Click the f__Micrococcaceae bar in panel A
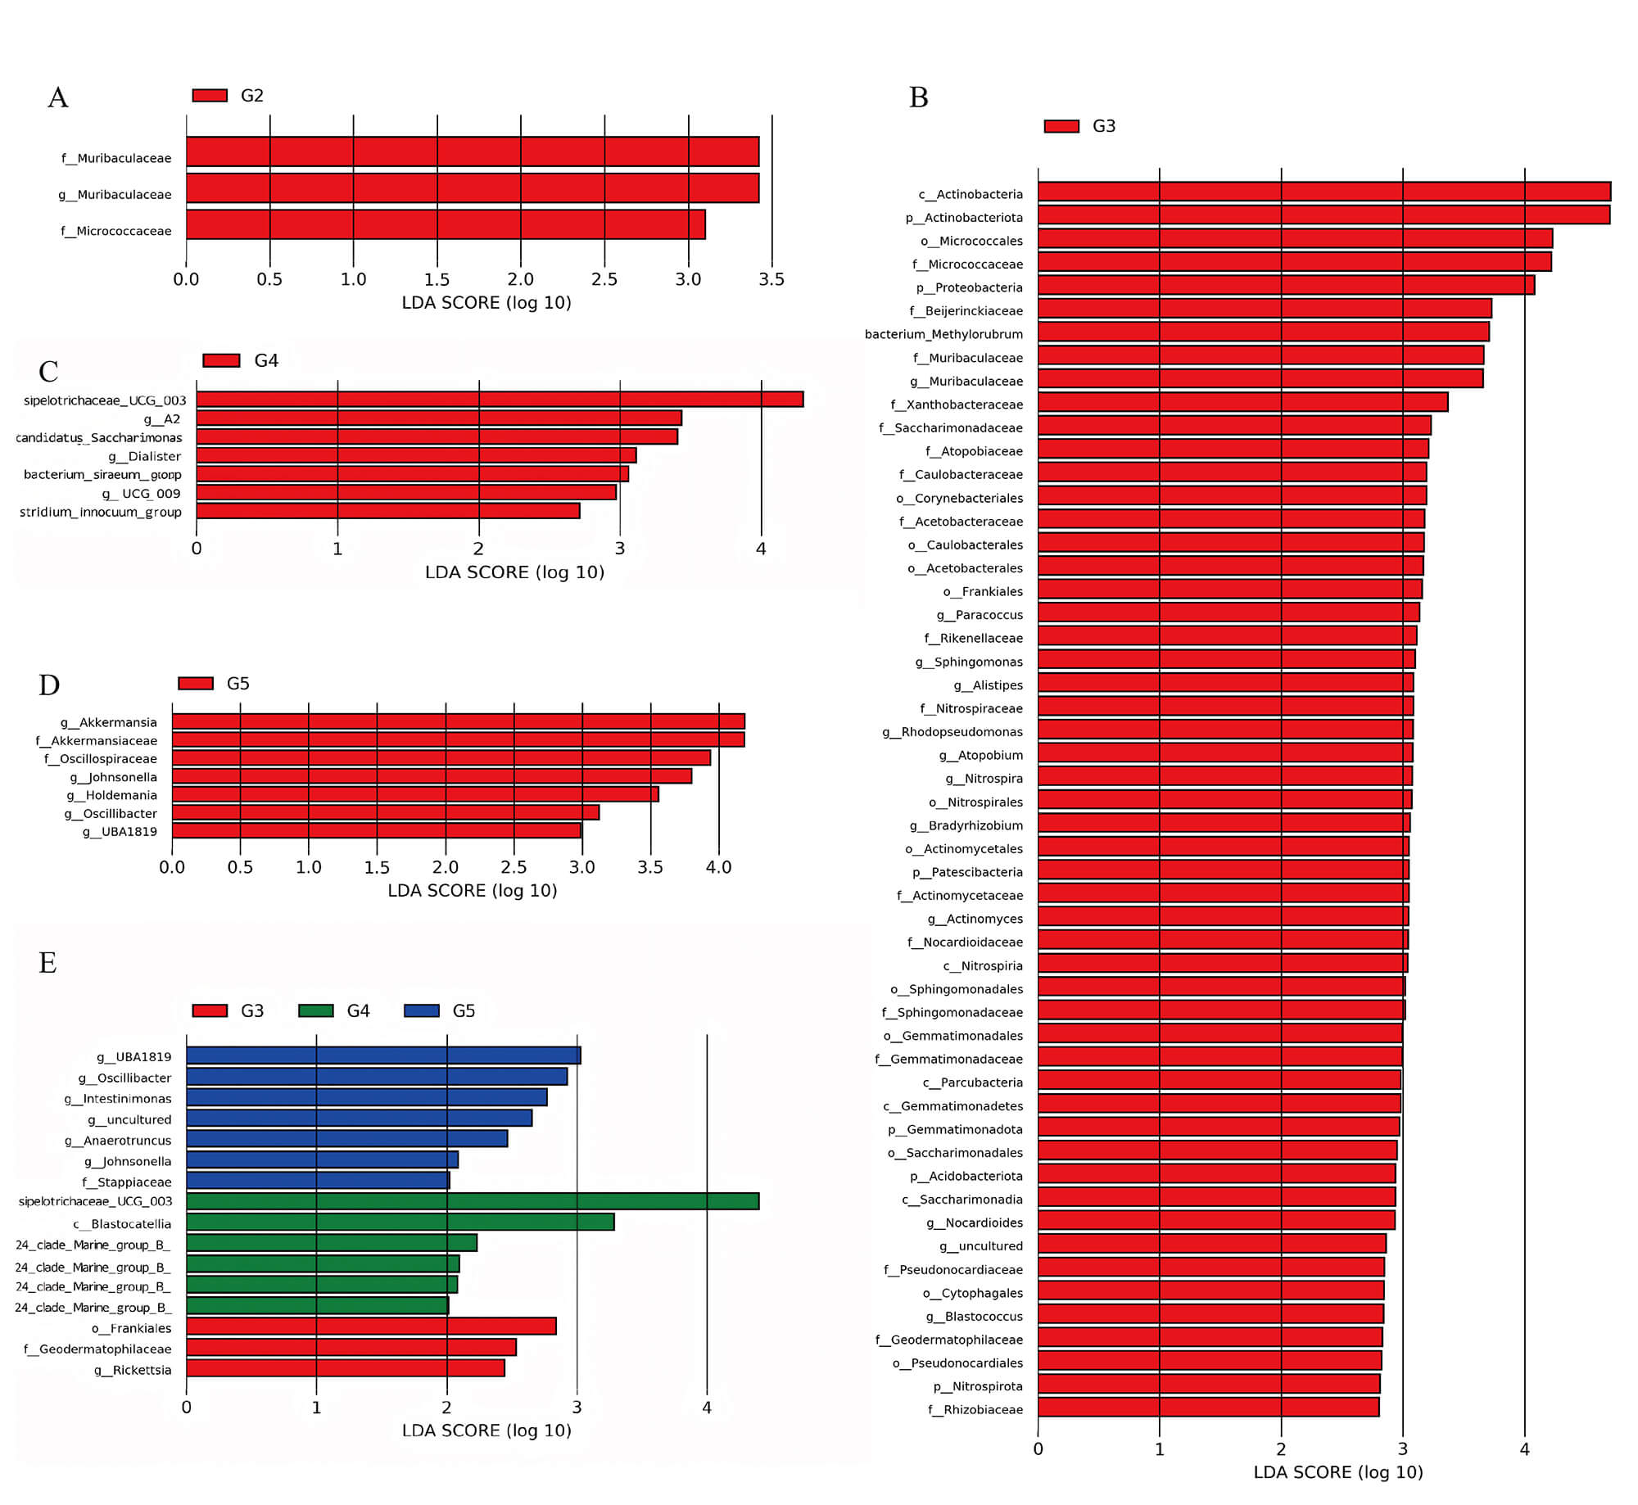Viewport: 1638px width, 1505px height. click(445, 224)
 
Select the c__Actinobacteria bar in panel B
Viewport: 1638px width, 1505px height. click(1324, 192)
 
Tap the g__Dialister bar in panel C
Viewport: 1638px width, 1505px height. click(415, 455)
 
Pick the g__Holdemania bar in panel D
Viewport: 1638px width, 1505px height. click(414, 793)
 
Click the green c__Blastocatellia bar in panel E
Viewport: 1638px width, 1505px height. click(400, 1222)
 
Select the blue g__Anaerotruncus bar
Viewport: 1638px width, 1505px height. click(346, 1138)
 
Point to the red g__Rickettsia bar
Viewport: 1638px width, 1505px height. click(345, 1367)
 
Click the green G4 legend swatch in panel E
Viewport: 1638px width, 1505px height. click(316, 1010)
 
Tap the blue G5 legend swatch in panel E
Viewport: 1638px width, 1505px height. click(422, 1010)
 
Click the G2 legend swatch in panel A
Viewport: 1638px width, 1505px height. click(210, 96)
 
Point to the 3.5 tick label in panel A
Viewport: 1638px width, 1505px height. click(771, 280)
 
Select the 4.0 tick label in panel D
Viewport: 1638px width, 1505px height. click(718, 867)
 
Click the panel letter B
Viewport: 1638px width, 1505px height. click(918, 98)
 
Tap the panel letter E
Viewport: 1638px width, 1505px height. click(48, 963)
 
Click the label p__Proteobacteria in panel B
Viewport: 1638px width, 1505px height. click(969, 287)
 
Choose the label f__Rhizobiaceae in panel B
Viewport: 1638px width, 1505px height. click(975, 1409)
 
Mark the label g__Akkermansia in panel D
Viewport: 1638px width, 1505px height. click(108, 722)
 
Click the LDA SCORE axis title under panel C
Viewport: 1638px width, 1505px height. click(514, 572)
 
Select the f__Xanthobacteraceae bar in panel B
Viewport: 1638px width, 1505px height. click(1242, 402)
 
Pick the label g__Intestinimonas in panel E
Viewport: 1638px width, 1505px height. click(118, 1099)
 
